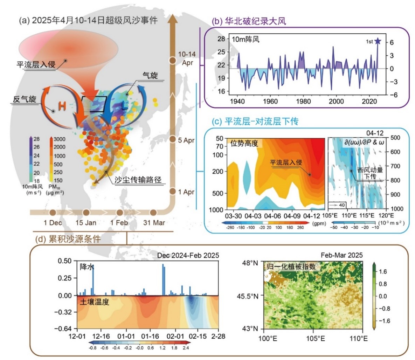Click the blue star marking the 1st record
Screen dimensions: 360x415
click(377, 41)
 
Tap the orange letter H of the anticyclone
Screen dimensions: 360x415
click(62, 106)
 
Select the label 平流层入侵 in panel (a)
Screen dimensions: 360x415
click(36, 65)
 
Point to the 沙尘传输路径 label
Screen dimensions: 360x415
click(138, 180)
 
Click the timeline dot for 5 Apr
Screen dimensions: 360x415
click(172, 140)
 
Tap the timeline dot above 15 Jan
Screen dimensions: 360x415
click(86, 213)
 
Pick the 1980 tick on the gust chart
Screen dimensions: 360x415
click(303, 102)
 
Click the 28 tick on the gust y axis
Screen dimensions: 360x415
click(221, 39)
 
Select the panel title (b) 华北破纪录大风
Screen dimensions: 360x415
click(249, 21)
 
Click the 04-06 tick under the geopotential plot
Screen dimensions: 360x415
click(273, 215)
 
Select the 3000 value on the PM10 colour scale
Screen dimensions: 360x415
click(59, 139)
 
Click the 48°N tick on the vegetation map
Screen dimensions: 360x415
click(252, 263)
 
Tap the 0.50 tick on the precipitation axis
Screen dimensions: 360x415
click(65, 261)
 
